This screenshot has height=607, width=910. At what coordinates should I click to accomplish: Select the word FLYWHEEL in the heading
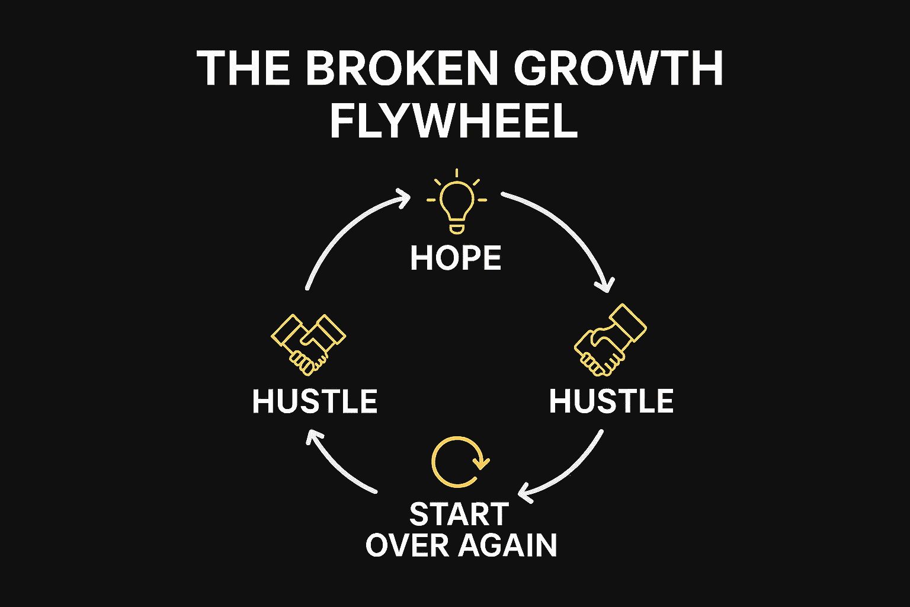(x=453, y=121)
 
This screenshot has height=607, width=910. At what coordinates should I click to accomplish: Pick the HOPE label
(x=456, y=258)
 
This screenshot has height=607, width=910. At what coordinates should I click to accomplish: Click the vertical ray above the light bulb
(x=456, y=173)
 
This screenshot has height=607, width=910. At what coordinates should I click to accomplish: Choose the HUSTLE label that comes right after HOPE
(x=611, y=401)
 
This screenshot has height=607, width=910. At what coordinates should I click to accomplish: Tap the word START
(x=459, y=515)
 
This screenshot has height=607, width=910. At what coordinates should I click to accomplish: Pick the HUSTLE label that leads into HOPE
(x=315, y=401)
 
